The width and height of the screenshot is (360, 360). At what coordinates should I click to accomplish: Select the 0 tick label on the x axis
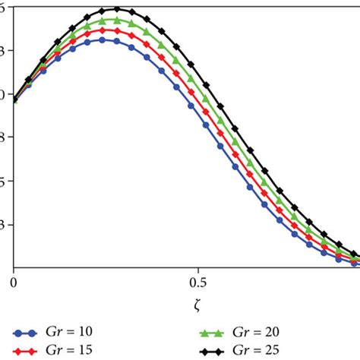(14, 282)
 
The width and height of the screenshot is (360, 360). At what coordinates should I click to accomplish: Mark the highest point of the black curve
(116, 9)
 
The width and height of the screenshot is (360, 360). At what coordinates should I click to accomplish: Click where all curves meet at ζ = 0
(14, 99)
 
